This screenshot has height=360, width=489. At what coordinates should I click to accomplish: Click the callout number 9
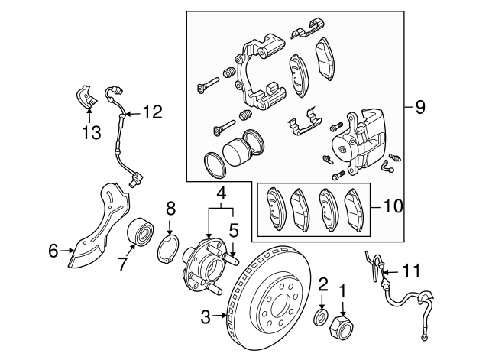pos(419,109)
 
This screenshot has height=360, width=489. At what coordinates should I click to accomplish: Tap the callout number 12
pos(152,112)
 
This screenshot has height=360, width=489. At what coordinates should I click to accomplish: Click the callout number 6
pos(53,250)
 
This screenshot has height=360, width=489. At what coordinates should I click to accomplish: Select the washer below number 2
pos(322,316)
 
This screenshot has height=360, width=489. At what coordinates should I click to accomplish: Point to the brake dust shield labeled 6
pos(99,229)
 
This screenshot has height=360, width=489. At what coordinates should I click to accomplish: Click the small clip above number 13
pos(87,96)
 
